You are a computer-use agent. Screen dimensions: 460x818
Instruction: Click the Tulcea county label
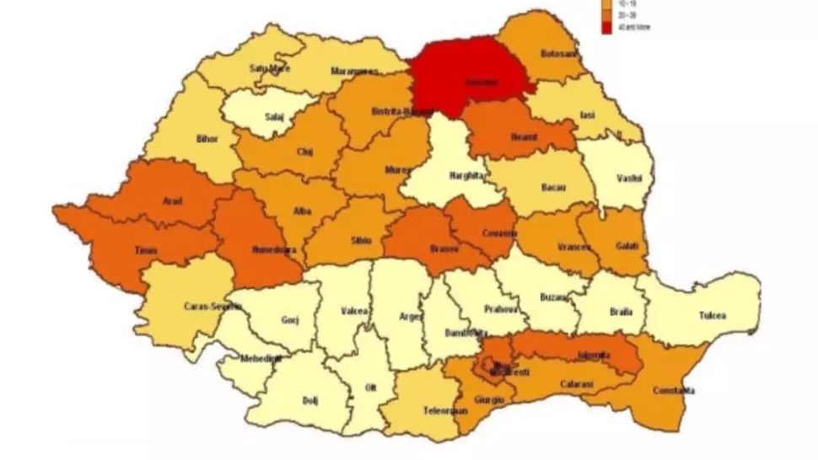[712, 316]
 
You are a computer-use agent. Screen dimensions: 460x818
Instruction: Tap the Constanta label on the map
[674, 391]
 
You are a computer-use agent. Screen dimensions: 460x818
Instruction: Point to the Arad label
[172, 201]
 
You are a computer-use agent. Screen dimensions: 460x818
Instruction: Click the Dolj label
[310, 400]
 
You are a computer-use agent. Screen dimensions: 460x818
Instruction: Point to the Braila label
[621, 312]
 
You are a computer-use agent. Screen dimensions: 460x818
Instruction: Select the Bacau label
[552, 185]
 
